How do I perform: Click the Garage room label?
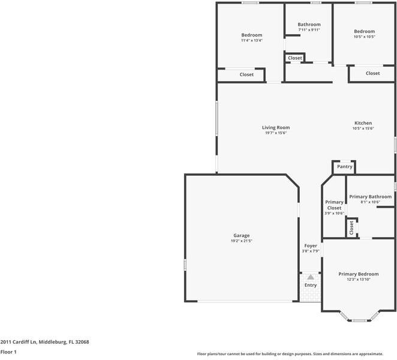pos(241,235)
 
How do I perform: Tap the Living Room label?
pos(276,127)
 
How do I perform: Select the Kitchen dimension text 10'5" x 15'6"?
pos(363,128)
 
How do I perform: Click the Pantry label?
pos(344,167)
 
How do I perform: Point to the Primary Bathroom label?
pos(370,197)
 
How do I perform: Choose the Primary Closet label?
pos(334,205)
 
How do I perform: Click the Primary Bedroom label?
pos(358,274)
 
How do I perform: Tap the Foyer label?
pos(311,245)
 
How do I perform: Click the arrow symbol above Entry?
pos(310,277)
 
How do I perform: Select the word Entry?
pos(310,285)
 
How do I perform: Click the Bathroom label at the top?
pos(309,25)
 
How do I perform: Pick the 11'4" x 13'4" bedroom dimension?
pos(251,41)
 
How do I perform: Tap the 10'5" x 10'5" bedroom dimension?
pos(364,37)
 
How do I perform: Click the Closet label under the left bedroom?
pos(246,74)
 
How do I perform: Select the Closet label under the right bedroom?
pos(372,73)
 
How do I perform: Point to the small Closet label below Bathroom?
pos(294,58)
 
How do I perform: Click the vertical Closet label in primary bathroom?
pos(351,227)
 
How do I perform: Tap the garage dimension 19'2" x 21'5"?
pos(241,241)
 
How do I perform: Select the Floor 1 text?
pos(8,352)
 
